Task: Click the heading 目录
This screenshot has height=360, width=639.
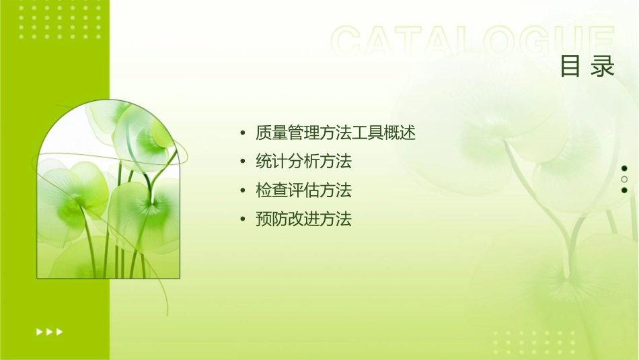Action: click(587, 67)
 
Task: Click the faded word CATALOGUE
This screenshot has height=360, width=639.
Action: click(472, 42)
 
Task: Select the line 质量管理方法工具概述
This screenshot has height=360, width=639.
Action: click(336, 133)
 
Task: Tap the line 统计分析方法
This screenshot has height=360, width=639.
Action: click(303, 162)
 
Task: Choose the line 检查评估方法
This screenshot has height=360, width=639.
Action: click(303, 191)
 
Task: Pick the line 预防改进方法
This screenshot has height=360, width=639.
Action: click(303, 219)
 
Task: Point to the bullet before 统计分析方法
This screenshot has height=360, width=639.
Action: click(242, 162)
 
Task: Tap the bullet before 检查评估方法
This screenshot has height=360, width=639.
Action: click(242, 191)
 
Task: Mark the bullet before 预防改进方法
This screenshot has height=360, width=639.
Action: click(242, 220)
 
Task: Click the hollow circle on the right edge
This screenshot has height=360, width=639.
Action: click(624, 179)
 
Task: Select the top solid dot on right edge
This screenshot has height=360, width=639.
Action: click(624, 168)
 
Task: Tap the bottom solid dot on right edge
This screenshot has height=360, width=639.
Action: click(624, 190)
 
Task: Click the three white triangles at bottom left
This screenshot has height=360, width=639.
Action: click(49, 332)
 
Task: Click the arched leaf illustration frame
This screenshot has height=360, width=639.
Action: click(108, 190)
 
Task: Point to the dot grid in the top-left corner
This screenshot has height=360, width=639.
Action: click(60, 18)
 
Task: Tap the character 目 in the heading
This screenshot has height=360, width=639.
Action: click(570, 67)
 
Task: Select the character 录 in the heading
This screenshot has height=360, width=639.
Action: click(603, 67)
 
